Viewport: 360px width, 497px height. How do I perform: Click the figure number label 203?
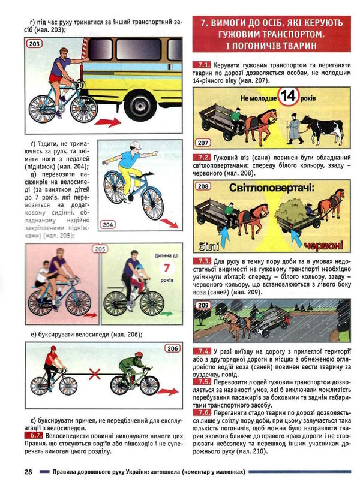[35, 44]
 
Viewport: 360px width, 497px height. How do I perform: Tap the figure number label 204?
[108, 225]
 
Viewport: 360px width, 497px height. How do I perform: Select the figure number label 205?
[100, 249]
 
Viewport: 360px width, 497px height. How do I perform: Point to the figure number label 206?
[172, 348]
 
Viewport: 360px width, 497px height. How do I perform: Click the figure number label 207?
[203, 143]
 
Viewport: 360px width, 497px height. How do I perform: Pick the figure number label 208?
[203, 186]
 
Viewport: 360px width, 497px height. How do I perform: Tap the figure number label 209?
[203, 305]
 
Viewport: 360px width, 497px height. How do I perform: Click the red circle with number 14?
[289, 96]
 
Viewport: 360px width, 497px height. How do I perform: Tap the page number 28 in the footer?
[28, 471]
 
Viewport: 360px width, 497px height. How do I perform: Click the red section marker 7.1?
[201, 65]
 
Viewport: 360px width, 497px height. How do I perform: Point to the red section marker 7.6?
[201, 413]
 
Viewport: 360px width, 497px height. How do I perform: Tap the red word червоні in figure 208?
[323, 246]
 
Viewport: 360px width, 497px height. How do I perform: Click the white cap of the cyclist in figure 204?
[136, 144]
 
